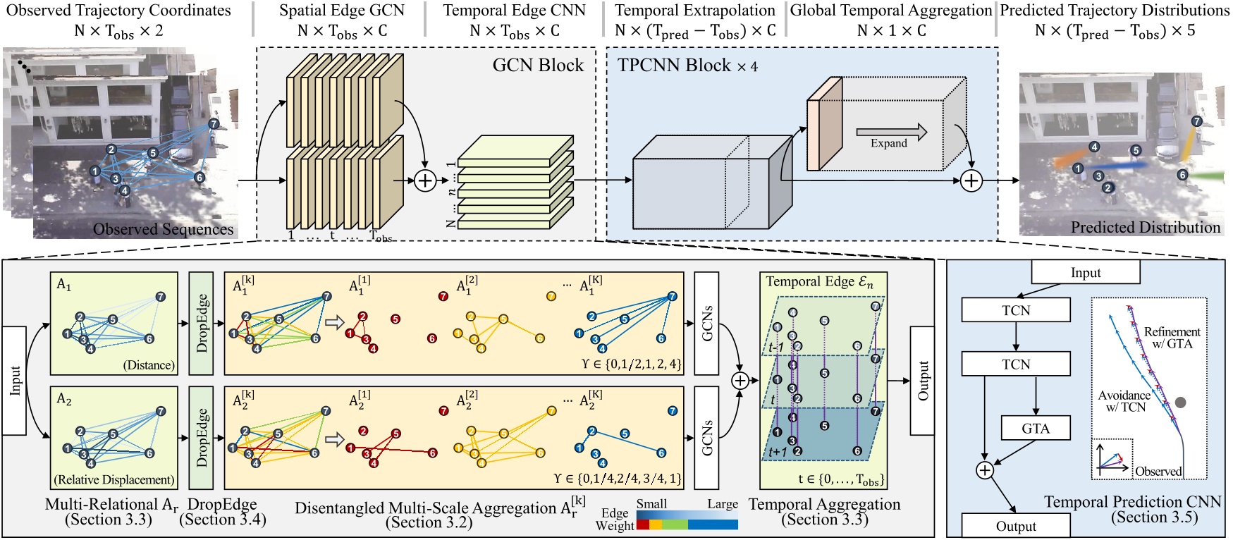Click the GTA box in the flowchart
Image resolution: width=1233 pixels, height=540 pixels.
point(1035,428)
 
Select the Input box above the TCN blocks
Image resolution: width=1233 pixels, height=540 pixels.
point(1085,272)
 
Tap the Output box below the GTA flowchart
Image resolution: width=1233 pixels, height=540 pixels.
point(1015,526)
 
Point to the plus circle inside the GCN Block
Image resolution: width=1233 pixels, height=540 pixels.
point(424,180)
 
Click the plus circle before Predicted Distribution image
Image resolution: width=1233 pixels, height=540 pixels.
point(971,180)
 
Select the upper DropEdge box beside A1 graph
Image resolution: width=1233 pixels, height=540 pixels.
point(202,323)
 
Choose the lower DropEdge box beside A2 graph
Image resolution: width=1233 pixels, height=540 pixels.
point(202,438)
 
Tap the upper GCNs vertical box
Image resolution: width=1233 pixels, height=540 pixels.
point(706,323)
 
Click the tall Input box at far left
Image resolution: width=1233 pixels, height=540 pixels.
point(14,381)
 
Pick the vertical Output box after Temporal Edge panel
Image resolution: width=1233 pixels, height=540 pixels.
point(922,381)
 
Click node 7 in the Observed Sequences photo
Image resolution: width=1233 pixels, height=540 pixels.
point(214,124)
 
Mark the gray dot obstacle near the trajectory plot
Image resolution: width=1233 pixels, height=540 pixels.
point(1180,402)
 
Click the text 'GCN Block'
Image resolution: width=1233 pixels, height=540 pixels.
point(538,66)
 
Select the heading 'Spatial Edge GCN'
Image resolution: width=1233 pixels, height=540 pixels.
point(342,11)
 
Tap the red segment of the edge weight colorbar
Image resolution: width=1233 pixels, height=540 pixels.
point(642,524)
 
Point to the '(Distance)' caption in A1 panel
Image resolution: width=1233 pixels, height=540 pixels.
point(149,365)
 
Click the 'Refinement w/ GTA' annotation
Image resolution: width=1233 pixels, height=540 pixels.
point(1172,337)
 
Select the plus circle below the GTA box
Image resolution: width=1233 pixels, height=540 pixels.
point(984,470)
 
